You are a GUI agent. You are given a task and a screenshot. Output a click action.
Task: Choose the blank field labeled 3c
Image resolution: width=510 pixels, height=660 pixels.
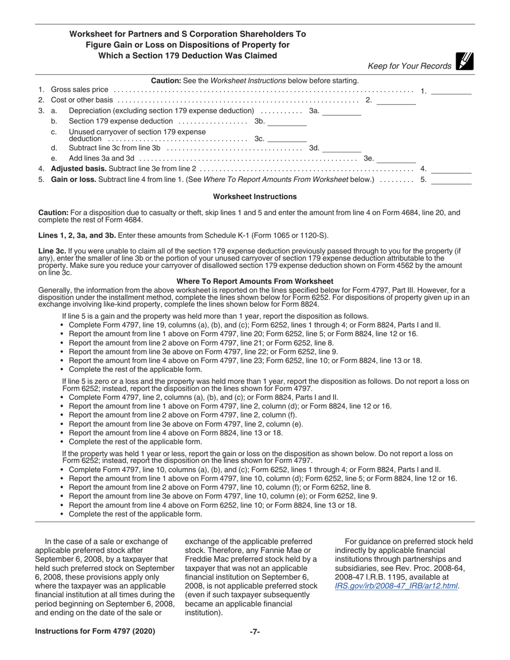(287, 138)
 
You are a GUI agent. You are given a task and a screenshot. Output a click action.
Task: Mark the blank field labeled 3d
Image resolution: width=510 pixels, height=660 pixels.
(341, 148)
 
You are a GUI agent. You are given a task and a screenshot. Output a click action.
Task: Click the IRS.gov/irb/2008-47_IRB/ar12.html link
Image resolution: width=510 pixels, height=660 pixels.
(396, 586)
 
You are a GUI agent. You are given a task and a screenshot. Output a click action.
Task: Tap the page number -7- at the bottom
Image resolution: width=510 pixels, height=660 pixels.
(255, 632)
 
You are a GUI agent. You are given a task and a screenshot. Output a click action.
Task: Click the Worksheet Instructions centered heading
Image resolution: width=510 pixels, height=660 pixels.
(255, 197)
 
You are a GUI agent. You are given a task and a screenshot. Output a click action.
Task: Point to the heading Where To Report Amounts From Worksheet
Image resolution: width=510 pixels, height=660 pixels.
(255, 281)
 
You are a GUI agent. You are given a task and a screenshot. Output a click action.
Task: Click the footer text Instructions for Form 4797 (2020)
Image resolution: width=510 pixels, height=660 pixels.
(95, 632)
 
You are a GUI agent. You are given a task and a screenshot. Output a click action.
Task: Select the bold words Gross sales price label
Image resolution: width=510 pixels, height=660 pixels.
(79, 90)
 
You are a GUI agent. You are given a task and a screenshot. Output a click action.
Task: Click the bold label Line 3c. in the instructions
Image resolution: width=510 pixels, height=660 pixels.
(52, 251)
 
